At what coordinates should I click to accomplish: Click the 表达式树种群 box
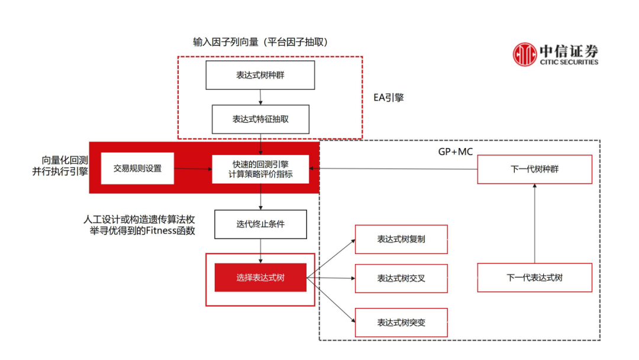260,75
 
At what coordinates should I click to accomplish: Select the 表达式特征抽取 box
260,119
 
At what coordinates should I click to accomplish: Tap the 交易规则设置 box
137,168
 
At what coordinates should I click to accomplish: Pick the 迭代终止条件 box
260,224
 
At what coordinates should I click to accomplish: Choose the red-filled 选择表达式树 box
260,277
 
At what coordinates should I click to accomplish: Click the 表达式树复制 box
401,239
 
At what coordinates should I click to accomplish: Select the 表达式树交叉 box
401,278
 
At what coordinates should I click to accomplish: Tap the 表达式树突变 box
401,323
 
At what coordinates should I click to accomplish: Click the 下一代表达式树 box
534,277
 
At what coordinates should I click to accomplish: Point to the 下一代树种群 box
534,169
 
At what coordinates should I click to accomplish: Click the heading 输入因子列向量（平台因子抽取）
260,42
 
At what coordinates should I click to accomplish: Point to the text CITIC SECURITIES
569,62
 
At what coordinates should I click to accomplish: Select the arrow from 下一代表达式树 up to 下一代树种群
534,223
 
